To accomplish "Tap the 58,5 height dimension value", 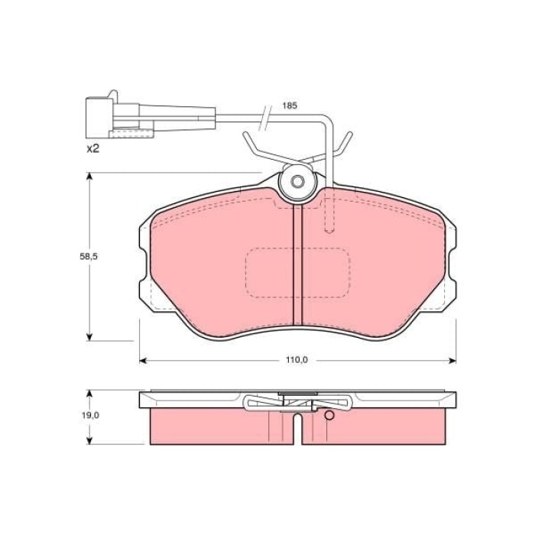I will pos(90,258).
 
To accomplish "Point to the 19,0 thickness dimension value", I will pos(90,415).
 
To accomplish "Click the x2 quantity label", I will pos(92,148).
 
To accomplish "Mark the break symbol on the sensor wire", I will pos(265,115).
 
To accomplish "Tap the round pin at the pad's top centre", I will pos(298,183).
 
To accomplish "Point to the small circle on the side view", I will pos(329,416).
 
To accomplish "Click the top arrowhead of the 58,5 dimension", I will pos(90,177).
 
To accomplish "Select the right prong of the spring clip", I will pos(345,143).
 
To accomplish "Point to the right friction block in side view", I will pos(374,426).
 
